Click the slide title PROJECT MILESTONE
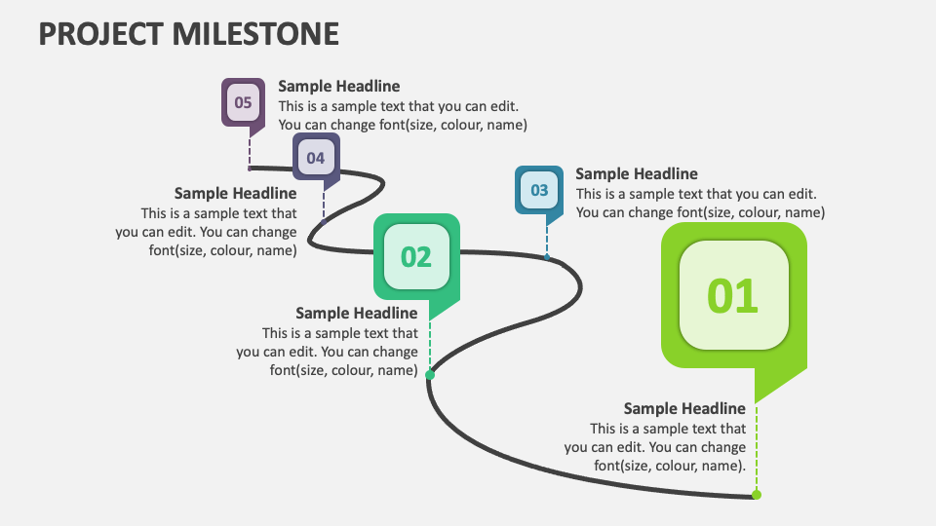click(189, 33)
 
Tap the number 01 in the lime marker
click(733, 296)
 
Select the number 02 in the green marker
click(416, 256)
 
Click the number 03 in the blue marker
click(539, 190)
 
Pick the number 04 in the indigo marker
click(316, 158)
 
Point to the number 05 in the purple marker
click(244, 102)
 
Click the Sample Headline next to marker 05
click(338, 87)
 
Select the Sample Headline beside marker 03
click(636, 174)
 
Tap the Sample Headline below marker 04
click(235, 194)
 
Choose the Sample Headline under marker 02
click(356, 313)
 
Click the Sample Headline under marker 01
click(684, 408)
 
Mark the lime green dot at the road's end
click(757, 495)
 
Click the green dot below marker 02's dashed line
click(430, 373)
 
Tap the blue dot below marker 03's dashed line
click(546, 257)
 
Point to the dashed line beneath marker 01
click(757, 448)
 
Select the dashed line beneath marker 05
click(250, 151)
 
